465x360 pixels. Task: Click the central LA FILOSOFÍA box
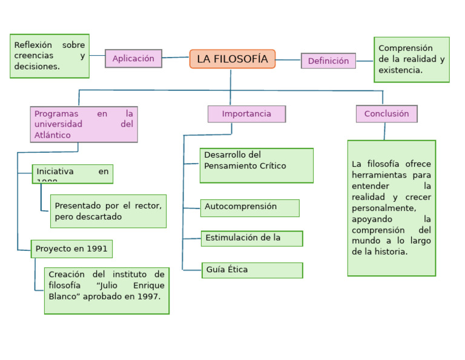pos(232,59)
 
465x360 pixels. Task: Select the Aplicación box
pos(133,59)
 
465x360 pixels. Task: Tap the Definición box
pos(328,61)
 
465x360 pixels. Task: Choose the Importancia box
pos(246,114)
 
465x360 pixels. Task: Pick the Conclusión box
pos(386,114)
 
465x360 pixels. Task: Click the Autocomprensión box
pos(249,208)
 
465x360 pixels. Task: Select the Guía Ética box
pos(252,270)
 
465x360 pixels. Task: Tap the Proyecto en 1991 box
pos(72,249)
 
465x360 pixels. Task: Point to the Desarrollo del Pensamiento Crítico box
pos(256,165)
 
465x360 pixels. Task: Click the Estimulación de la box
pos(251,238)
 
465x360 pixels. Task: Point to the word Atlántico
pos(52,135)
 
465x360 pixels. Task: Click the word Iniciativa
pos(55,172)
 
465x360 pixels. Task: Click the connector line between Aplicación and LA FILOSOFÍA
pos(176,58)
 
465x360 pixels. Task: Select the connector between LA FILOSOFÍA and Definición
pos(288,60)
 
